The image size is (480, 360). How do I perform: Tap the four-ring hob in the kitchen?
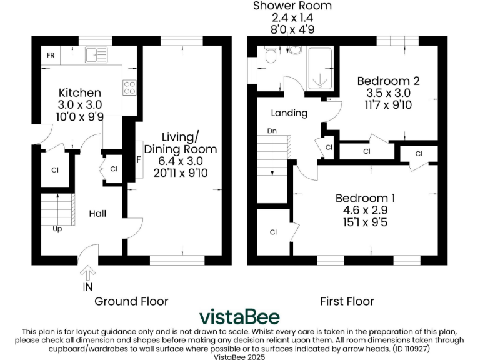(130, 87)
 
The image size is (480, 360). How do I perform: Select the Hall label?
(97, 214)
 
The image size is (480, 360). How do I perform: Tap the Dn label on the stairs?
(272, 132)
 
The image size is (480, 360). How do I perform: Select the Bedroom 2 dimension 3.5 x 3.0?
(387, 93)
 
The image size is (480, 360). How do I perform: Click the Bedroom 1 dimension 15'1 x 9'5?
(365, 222)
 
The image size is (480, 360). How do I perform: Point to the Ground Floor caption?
(131, 301)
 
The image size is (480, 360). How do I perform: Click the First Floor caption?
(347, 301)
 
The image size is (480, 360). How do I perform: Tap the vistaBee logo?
(239, 317)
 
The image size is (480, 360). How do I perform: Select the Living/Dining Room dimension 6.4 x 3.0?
(181, 161)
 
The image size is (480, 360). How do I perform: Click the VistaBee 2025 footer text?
(239, 356)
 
